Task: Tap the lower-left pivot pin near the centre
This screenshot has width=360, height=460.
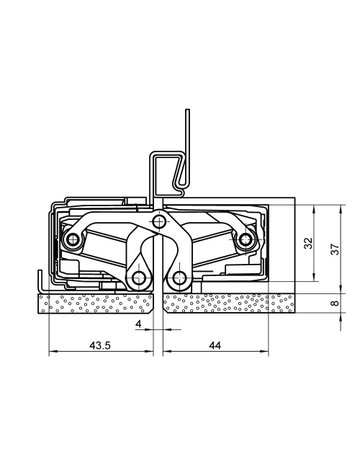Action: point(137,276)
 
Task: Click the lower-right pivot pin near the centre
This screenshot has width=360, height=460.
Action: point(179,276)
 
